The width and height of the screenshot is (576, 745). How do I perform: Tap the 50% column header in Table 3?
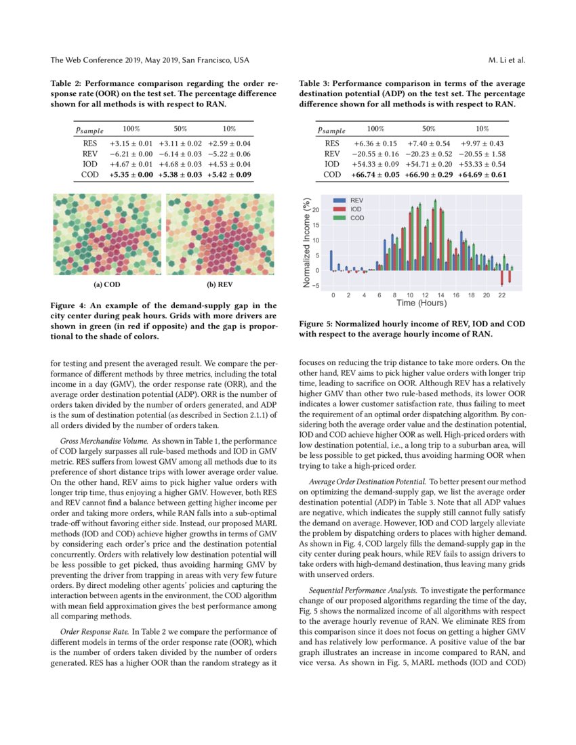(x=428, y=128)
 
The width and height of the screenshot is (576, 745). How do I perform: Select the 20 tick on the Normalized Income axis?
(x=323, y=211)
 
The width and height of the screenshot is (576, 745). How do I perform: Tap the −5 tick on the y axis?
(x=323, y=285)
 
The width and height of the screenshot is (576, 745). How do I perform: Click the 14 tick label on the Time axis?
(x=440, y=296)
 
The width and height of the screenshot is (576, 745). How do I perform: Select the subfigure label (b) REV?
(x=220, y=285)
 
